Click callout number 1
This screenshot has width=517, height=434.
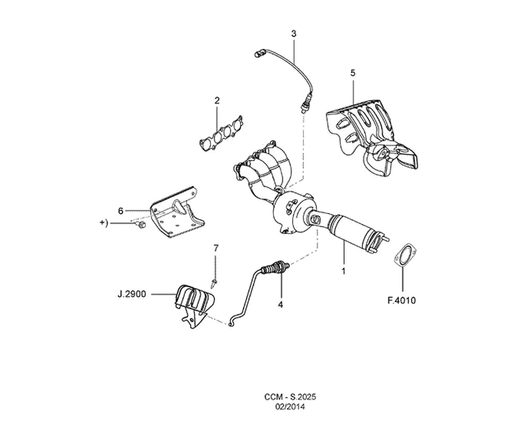[344, 272]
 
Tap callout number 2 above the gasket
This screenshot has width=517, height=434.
[217, 101]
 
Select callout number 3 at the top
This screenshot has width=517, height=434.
[294, 34]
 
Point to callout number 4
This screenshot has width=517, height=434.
[280, 305]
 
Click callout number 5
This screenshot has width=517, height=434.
[353, 73]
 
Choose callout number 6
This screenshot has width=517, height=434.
[120, 211]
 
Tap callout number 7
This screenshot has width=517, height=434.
[216, 248]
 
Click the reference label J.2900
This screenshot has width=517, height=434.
[131, 294]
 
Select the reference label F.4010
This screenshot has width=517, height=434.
[402, 301]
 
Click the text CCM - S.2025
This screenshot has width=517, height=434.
[290, 397]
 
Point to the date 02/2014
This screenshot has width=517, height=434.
[290, 407]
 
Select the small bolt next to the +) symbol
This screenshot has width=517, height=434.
[141, 225]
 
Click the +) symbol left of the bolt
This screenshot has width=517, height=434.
[103, 223]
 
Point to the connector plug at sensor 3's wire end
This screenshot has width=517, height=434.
[260, 53]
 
